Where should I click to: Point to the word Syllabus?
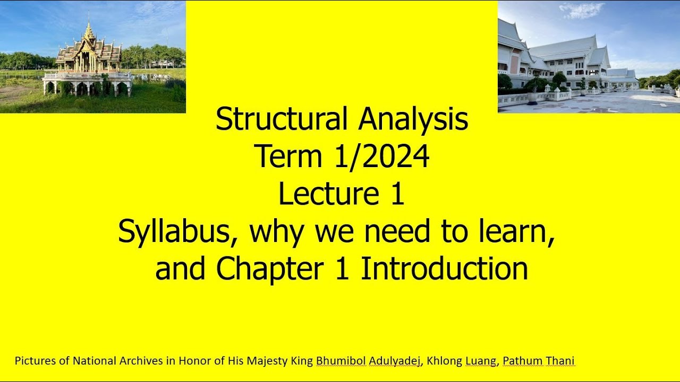[177, 232]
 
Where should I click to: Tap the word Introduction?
[444, 269]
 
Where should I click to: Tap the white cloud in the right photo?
[581, 10]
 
